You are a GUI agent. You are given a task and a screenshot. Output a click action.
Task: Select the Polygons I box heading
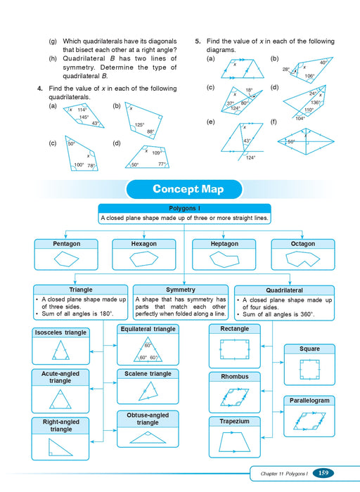coord(184,208)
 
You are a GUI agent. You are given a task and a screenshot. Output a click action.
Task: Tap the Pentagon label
coord(66,244)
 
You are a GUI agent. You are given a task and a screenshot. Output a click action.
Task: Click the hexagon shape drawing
coord(145,259)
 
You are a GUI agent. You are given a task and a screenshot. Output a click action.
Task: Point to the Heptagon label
coord(224,244)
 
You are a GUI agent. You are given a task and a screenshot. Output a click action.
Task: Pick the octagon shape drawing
coord(302,259)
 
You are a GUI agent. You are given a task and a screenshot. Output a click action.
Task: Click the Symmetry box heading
coord(181,290)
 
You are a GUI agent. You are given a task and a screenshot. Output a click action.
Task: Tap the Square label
coord(309,349)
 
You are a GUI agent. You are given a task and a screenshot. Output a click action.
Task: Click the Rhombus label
coord(235,377)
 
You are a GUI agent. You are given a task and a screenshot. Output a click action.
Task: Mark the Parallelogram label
coord(309,401)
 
